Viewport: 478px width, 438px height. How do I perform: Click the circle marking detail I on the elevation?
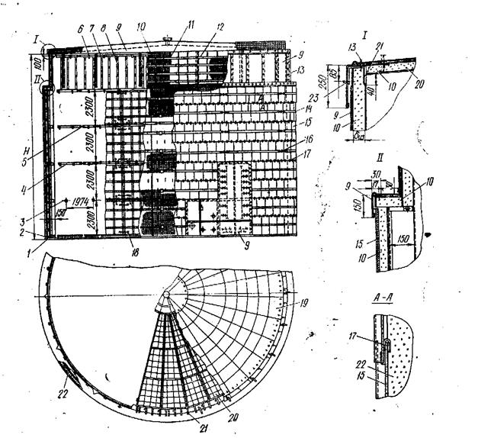(47, 48)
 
